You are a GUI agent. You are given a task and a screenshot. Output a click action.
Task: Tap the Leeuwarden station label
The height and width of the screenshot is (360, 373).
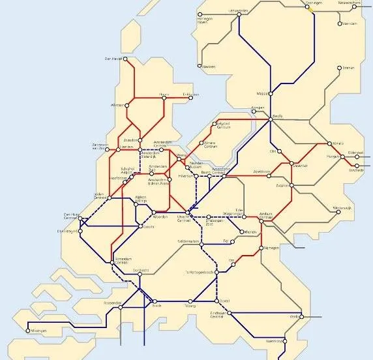point(238,11)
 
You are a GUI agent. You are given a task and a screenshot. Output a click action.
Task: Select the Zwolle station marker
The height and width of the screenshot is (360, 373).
point(270,119)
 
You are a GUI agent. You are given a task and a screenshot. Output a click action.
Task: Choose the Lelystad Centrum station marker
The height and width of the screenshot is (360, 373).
point(215,124)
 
